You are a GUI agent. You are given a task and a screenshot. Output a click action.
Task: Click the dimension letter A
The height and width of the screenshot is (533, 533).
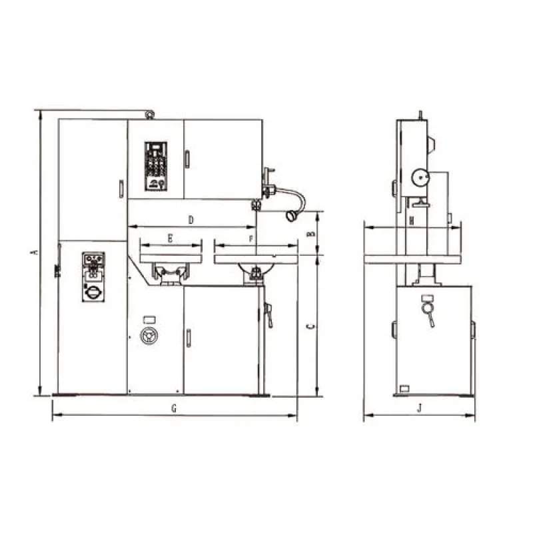point(35,252)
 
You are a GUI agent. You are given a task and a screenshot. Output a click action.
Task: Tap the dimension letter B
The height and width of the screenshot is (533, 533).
point(310,234)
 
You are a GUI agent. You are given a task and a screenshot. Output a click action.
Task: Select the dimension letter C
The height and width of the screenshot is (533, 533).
point(310,326)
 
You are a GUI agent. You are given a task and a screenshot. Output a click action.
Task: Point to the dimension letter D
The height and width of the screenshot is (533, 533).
point(191,220)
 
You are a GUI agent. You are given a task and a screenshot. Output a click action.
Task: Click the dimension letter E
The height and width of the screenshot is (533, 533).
point(171,239)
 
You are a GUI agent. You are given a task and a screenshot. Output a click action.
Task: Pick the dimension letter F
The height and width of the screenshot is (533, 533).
point(251,239)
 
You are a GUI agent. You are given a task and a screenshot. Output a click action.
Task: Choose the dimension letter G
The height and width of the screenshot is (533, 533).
point(174,408)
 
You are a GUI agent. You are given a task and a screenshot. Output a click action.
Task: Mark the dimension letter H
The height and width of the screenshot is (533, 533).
point(412,221)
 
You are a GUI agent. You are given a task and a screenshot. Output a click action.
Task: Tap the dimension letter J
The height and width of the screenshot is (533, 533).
point(420,408)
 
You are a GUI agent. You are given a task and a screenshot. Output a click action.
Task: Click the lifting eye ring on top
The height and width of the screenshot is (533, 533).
point(149,115)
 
